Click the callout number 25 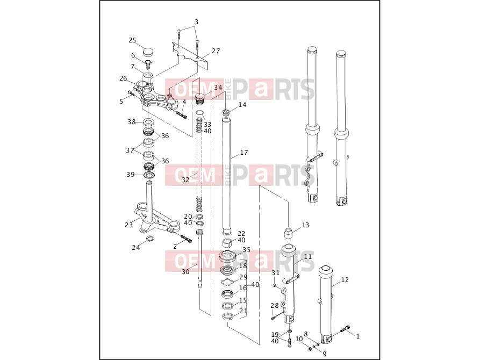pyautogui.click(x=132, y=40)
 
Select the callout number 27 pyautogui.click(x=216, y=51)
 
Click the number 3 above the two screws pyautogui.click(x=197, y=22)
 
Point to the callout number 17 pyautogui.click(x=244, y=153)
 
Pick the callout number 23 pyautogui.click(x=129, y=225)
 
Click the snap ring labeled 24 pyautogui.click(x=149, y=239)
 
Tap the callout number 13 pyautogui.click(x=305, y=225)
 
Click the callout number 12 pyautogui.click(x=345, y=279)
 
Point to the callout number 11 pyautogui.click(x=308, y=256)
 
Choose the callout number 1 pyautogui.click(x=357, y=336)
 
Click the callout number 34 pyautogui.click(x=218, y=88)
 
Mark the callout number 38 pyautogui.click(x=132, y=122)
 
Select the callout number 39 pyautogui.click(x=131, y=175)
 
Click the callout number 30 pyautogui.click(x=185, y=271)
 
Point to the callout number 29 pyautogui.click(x=243, y=277)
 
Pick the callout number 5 pyautogui.click(x=121, y=102)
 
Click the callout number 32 pyautogui.click(x=185, y=180)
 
